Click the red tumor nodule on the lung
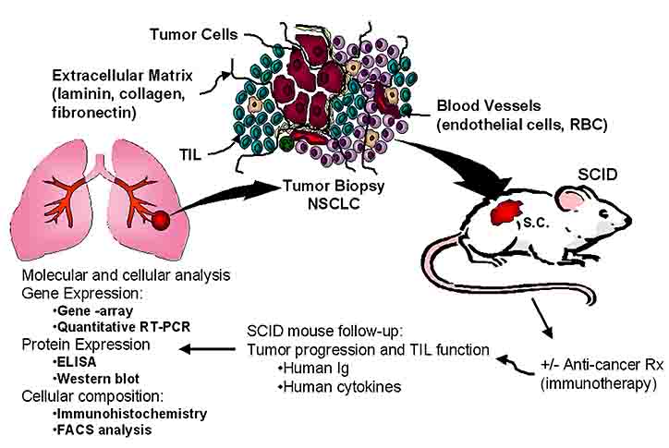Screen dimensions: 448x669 (x=162, y=221)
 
